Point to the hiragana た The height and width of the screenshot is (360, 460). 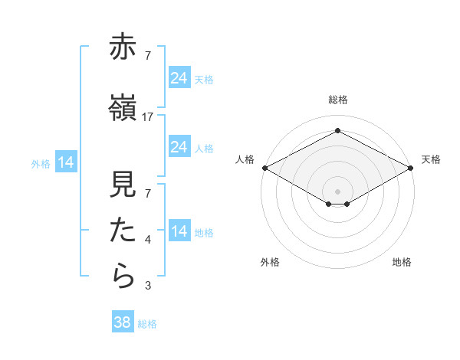pos(123,231)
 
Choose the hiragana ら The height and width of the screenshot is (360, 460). pos(123,276)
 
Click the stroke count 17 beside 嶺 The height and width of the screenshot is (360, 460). pos(148,116)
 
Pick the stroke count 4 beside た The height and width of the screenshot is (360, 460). pos(148,241)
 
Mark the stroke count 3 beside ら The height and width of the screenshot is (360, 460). pos(148,286)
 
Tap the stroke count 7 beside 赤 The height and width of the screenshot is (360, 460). pos(148,55)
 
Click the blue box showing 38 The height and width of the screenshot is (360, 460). pos(123,322)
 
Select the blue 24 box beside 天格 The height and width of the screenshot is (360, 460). pos(179,77)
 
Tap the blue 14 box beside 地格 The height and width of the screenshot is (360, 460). pos(179,231)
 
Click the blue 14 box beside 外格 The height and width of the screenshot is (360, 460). pos(65,162)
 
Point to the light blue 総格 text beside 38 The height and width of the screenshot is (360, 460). pos(148,324)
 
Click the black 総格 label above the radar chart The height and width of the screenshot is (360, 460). pos(337,100)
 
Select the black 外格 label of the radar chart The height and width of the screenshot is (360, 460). pos(270,262)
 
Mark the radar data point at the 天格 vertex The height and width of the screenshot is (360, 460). pos(411,168)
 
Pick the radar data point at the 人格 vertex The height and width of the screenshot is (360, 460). pos(264,168)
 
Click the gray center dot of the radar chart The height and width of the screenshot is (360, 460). pos(337,190)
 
